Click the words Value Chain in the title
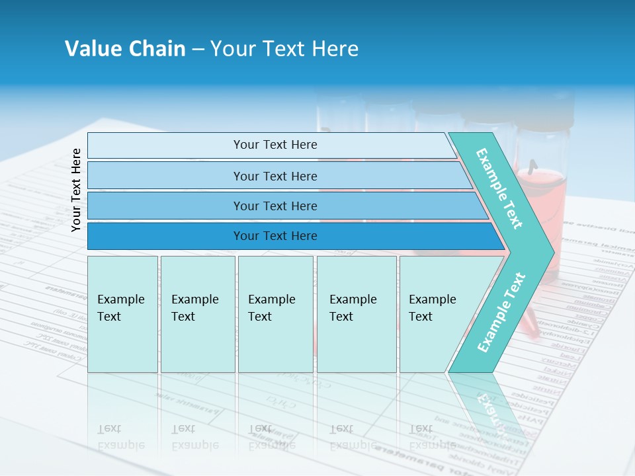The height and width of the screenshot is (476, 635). coord(125,48)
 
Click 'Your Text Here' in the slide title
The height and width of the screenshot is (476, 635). coord(284,48)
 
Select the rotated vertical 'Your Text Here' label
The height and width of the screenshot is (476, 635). coord(76,190)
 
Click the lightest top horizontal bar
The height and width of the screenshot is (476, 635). coord(275,145)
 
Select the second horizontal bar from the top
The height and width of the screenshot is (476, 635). coord(275,176)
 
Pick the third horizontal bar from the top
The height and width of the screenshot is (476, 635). coord(275,206)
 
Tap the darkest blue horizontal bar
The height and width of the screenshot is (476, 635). coord(275,236)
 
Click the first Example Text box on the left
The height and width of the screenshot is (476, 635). coord(122,313)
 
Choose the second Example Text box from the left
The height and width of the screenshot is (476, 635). coord(197,313)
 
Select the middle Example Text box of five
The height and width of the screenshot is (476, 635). coord(275,313)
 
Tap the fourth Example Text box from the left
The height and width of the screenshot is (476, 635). coord(356,313)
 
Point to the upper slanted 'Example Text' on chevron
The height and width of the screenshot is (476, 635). coord(499,188)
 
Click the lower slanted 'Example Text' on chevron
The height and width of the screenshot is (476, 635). coord(501,312)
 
